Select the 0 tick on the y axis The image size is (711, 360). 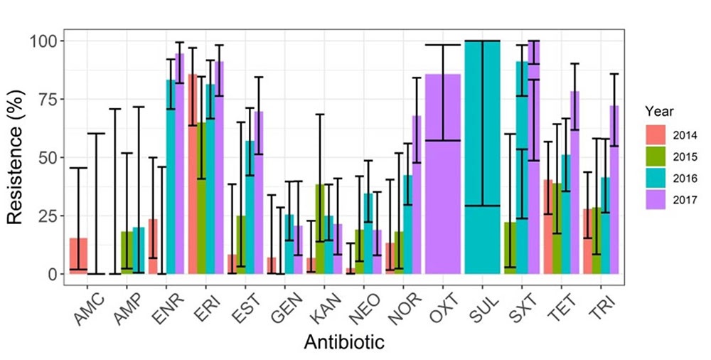coord(52,274)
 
